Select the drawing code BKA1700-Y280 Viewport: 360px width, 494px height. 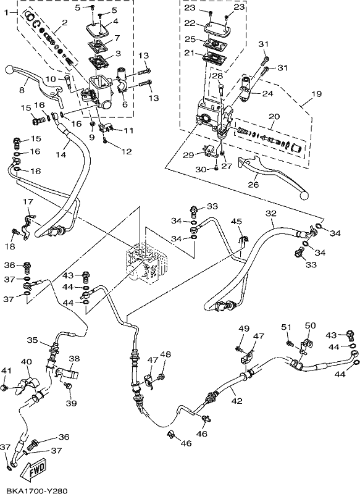point(36,490)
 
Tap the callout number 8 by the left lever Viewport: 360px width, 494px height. point(22,90)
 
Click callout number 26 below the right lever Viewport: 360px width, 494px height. point(254,184)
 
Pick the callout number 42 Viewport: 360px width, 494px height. point(237,401)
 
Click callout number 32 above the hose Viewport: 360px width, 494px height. point(271,213)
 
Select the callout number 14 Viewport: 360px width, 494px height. point(61,154)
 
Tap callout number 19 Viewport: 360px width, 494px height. point(316,94)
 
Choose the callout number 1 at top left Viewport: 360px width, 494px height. point(6,13)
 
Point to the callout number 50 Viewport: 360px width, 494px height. point(310,325)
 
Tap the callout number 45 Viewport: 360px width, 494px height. point(237,222)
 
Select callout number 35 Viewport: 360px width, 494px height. point(33,340)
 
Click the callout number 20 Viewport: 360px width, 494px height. point(274,117)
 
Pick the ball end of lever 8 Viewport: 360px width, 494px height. point(10,69)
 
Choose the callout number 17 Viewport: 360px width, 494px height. point(28,201)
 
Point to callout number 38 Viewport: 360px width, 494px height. point(74,359)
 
